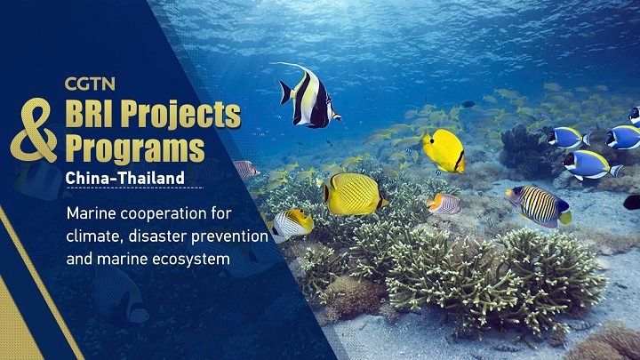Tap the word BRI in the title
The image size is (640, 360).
[94, 113]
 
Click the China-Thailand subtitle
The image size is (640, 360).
[124, 178]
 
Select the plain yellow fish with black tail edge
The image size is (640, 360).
[443, 149]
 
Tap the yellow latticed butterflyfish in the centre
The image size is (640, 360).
[355, 193]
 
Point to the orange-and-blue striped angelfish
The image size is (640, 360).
[539, 205]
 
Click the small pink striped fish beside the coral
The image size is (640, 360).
[444, 204]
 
